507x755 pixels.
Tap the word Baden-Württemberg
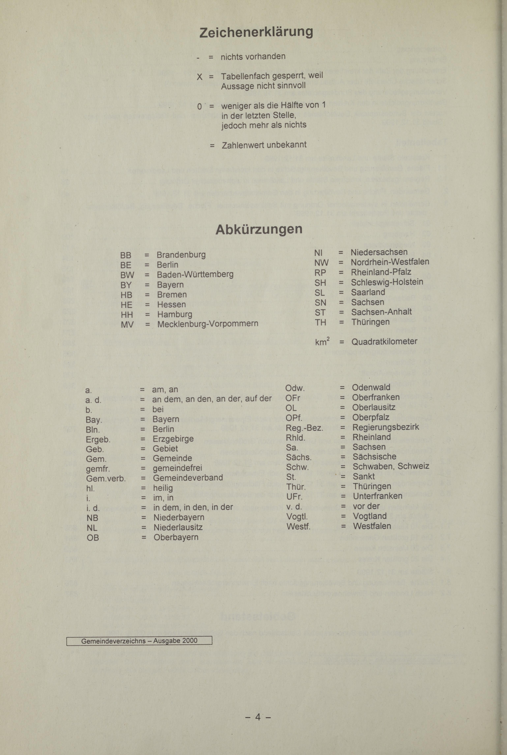[195, 274]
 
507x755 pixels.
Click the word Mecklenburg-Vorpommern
[208, 324]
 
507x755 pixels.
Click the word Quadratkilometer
[384, 341]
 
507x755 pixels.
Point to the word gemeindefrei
[178, 468]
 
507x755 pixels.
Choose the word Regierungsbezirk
[385, 427]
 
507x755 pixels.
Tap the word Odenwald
[371, 387]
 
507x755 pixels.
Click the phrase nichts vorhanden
[253, 57]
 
